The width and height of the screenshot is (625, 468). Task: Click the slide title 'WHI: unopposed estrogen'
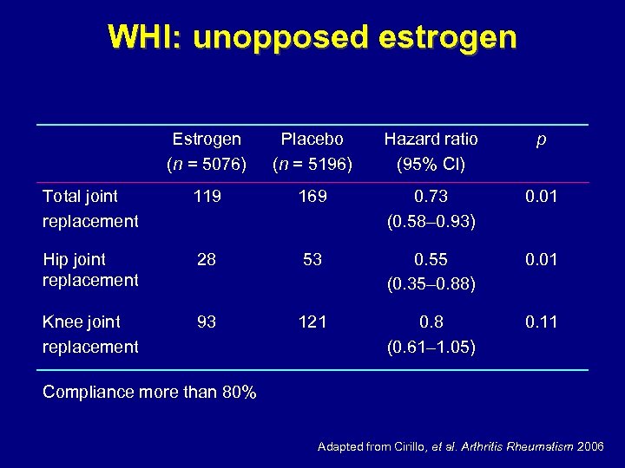pyautogui.click(x=312, y=37)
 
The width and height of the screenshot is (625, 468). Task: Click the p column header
pyautogui.click(x=540, y=139)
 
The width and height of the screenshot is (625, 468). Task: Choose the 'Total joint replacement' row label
pyautogui.click(x=90, y=209)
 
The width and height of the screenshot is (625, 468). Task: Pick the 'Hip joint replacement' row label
pyautogui.click(x=90, y=270)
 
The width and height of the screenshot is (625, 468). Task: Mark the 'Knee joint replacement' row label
pyautogui.click(x=90, y=334)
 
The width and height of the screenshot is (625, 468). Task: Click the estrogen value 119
pyautogui.click(x=207, y=197)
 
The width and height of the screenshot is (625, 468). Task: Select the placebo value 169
pyautogui.click(x=312, y=197)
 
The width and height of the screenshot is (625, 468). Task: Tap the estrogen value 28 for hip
pyautogui.click(x=207, y=259)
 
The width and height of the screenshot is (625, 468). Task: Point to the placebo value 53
pyautogui.click(x=312, y=259)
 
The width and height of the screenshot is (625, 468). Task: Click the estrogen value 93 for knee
pyautogui.click(x=207, y=322)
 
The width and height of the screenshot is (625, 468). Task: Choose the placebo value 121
pyautogui.click(x=312, y=322)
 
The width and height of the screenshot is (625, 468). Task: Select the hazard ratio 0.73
pyautogui.click(x=431, y=197)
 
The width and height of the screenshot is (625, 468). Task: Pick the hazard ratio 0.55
pyautogui.click(x=431, y=259)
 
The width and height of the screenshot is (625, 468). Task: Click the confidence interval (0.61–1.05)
pyautogui.click(x=431, y=347)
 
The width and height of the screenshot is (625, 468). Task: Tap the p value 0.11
pyautogui.click(x=540, y=322)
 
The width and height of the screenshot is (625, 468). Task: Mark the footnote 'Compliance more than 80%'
pyautogui.click(x=149, y=392)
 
